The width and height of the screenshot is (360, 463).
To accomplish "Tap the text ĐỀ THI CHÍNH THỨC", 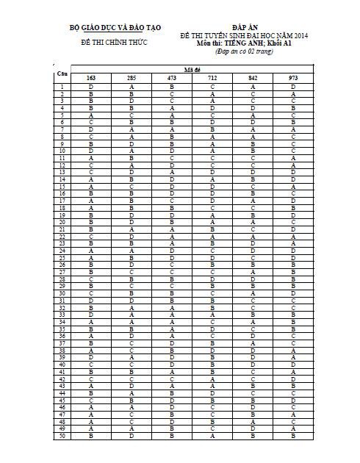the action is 114,42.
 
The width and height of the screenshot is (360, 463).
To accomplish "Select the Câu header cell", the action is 62,73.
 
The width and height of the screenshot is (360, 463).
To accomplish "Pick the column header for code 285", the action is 131,77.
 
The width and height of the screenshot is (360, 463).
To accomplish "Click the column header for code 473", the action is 171,77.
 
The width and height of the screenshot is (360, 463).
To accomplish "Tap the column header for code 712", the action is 212,77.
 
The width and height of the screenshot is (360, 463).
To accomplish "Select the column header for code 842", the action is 252,77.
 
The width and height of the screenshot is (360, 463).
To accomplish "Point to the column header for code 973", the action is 292,77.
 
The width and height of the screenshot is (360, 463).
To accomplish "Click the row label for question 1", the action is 62,87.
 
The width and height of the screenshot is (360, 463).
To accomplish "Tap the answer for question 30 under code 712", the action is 212,292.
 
